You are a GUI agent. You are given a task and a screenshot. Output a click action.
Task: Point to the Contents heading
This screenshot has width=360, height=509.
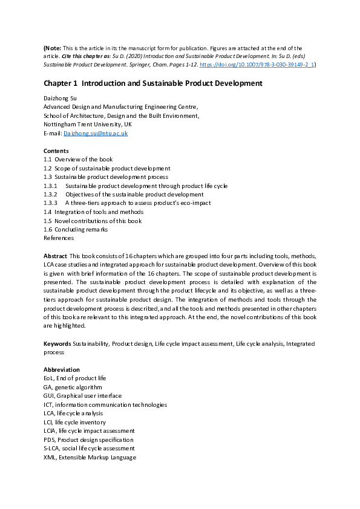pos(56,151)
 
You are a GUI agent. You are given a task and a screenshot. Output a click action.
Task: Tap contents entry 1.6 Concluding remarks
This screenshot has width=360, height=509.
pos(76,230)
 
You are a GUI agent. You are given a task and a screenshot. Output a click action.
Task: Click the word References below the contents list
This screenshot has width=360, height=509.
pos(59,238)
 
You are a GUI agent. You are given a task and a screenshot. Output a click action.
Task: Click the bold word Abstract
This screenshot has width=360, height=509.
pos(55,256)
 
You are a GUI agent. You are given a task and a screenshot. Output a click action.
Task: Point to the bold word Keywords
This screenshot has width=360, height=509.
pos(57,343)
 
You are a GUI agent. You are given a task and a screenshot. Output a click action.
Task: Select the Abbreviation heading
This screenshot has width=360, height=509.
pos(61,369)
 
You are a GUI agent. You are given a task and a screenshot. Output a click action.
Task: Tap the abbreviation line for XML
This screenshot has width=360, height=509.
pos(90,458)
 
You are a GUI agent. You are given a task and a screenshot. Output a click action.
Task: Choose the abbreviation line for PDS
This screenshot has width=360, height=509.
pos(88,439)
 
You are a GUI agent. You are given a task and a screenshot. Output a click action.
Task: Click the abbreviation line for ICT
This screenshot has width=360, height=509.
pos(105,404)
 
